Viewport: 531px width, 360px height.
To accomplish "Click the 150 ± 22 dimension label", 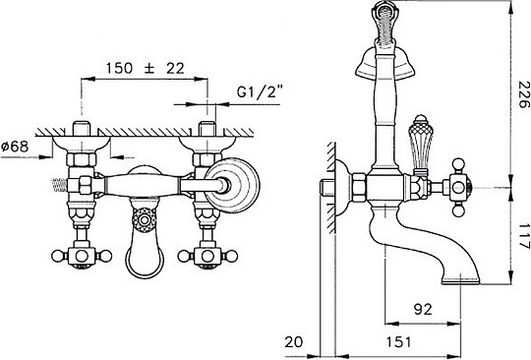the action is [x=146, y=69].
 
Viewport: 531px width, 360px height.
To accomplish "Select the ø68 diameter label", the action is [x=15, y=147].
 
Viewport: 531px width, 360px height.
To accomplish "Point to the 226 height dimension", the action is [x=523, y=94].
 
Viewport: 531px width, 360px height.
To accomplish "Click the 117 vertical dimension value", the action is [x=523, y=236].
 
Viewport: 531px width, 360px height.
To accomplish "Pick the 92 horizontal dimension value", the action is [x=423, y=309].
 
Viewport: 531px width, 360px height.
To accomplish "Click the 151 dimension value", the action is [x=399, y=342].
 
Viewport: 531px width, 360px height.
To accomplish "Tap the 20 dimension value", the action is [x=294, y=342].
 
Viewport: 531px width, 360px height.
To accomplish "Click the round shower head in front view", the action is [x=233, y=185].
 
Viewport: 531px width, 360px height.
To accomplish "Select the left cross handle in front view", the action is [x=82, y=256].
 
